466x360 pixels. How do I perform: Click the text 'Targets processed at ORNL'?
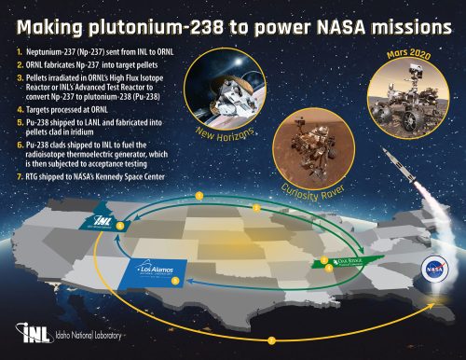70,109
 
